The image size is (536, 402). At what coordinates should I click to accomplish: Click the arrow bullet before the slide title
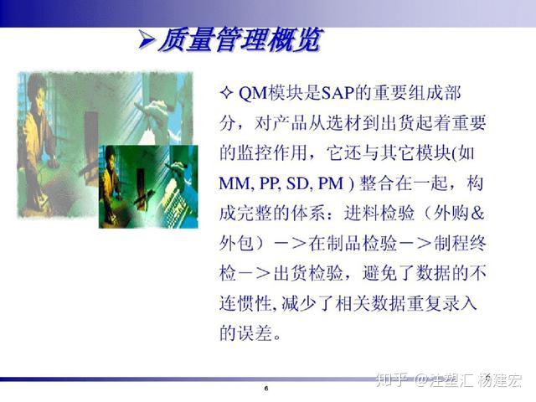(145, 39)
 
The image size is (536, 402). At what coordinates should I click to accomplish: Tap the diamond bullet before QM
(225, 93)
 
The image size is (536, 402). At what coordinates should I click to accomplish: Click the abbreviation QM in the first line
(253, 93)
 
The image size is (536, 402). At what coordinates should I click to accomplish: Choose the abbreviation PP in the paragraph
(269, 183)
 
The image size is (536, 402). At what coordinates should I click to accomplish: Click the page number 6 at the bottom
(266, 390)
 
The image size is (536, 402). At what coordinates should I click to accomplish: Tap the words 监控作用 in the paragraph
(277, 153)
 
